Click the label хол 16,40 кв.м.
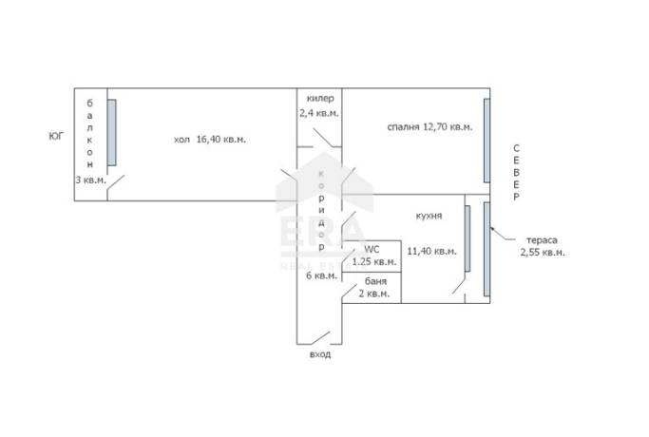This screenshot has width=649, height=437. pos(210,140)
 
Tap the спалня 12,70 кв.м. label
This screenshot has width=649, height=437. pos(429,127)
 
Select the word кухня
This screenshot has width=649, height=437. pos(429,216)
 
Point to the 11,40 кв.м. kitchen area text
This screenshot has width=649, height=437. pos(431,251)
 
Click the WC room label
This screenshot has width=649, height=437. pos(372,250)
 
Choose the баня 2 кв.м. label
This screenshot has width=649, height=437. pos(374,288)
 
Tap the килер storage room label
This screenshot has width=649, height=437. pos(320,99)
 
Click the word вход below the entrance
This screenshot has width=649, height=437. pos(320,354)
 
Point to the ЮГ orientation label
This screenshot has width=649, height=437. pos(56,136)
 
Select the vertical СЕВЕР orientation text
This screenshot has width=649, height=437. pos(516,173)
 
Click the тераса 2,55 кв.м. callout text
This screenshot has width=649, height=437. pos(543,246)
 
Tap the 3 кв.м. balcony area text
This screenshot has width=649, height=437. pos(90,180)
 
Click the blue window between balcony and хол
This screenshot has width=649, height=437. pos(112,132)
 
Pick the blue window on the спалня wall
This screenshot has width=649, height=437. pos(487,141)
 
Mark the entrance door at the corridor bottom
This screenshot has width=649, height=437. pos(321,338)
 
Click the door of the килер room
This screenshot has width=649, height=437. pos(323,138)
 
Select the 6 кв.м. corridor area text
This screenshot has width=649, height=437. pos(321,275)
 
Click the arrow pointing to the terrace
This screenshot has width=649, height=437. pos(503,234)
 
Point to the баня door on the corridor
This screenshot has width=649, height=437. pos(350,292)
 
